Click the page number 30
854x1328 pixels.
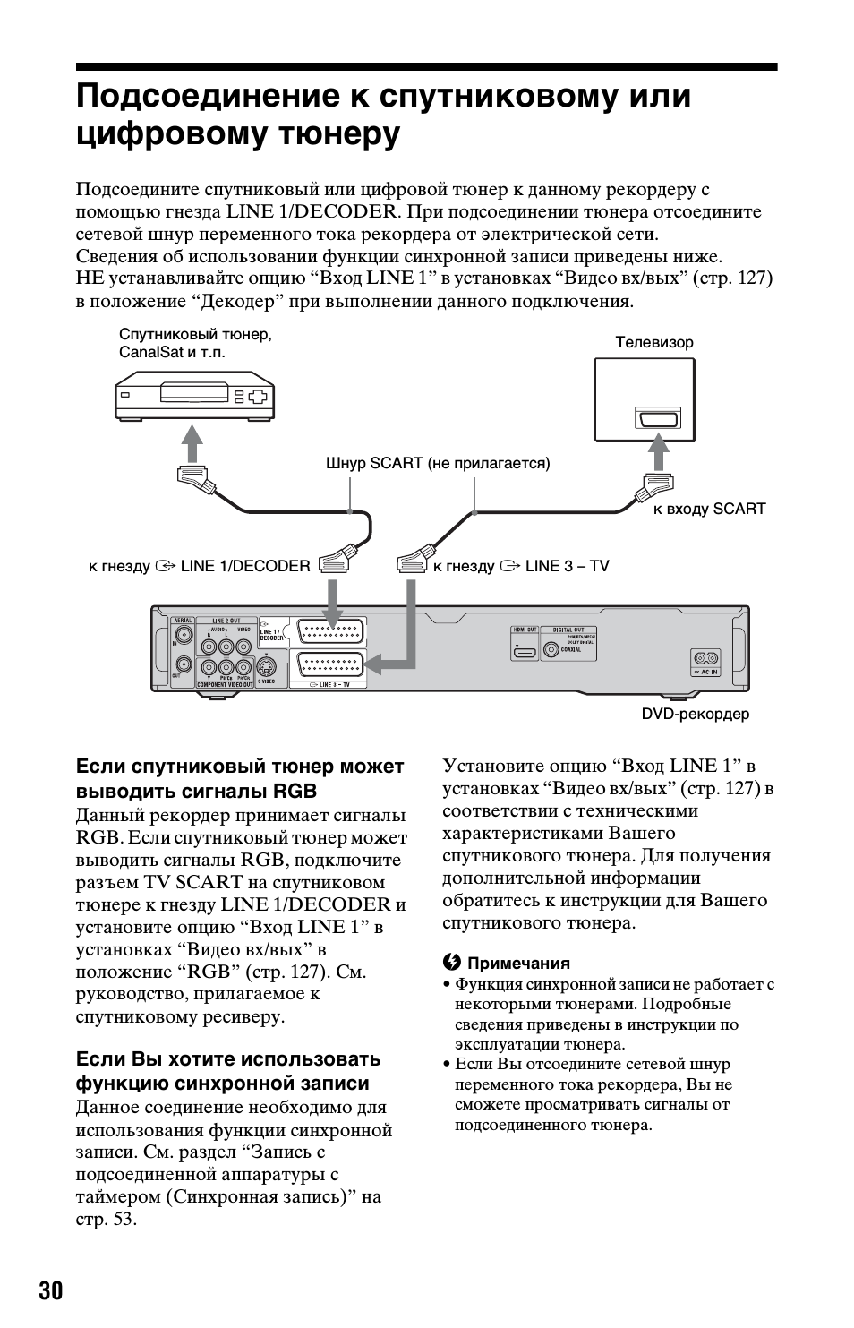click(51, 1290)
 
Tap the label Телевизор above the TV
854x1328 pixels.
click(653, 342)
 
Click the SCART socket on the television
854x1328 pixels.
click(658, 419)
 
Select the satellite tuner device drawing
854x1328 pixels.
click(194, 398)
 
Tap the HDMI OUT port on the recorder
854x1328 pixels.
click(525, 651)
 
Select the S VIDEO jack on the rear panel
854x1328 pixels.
click(266, 667)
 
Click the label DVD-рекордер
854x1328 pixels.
click(695, 714)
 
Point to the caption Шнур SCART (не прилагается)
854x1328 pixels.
click(438, 463)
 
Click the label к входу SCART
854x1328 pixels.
click(709, 509)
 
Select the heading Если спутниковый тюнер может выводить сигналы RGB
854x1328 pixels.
click(240, 779)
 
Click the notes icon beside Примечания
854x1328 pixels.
click(451, 963)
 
